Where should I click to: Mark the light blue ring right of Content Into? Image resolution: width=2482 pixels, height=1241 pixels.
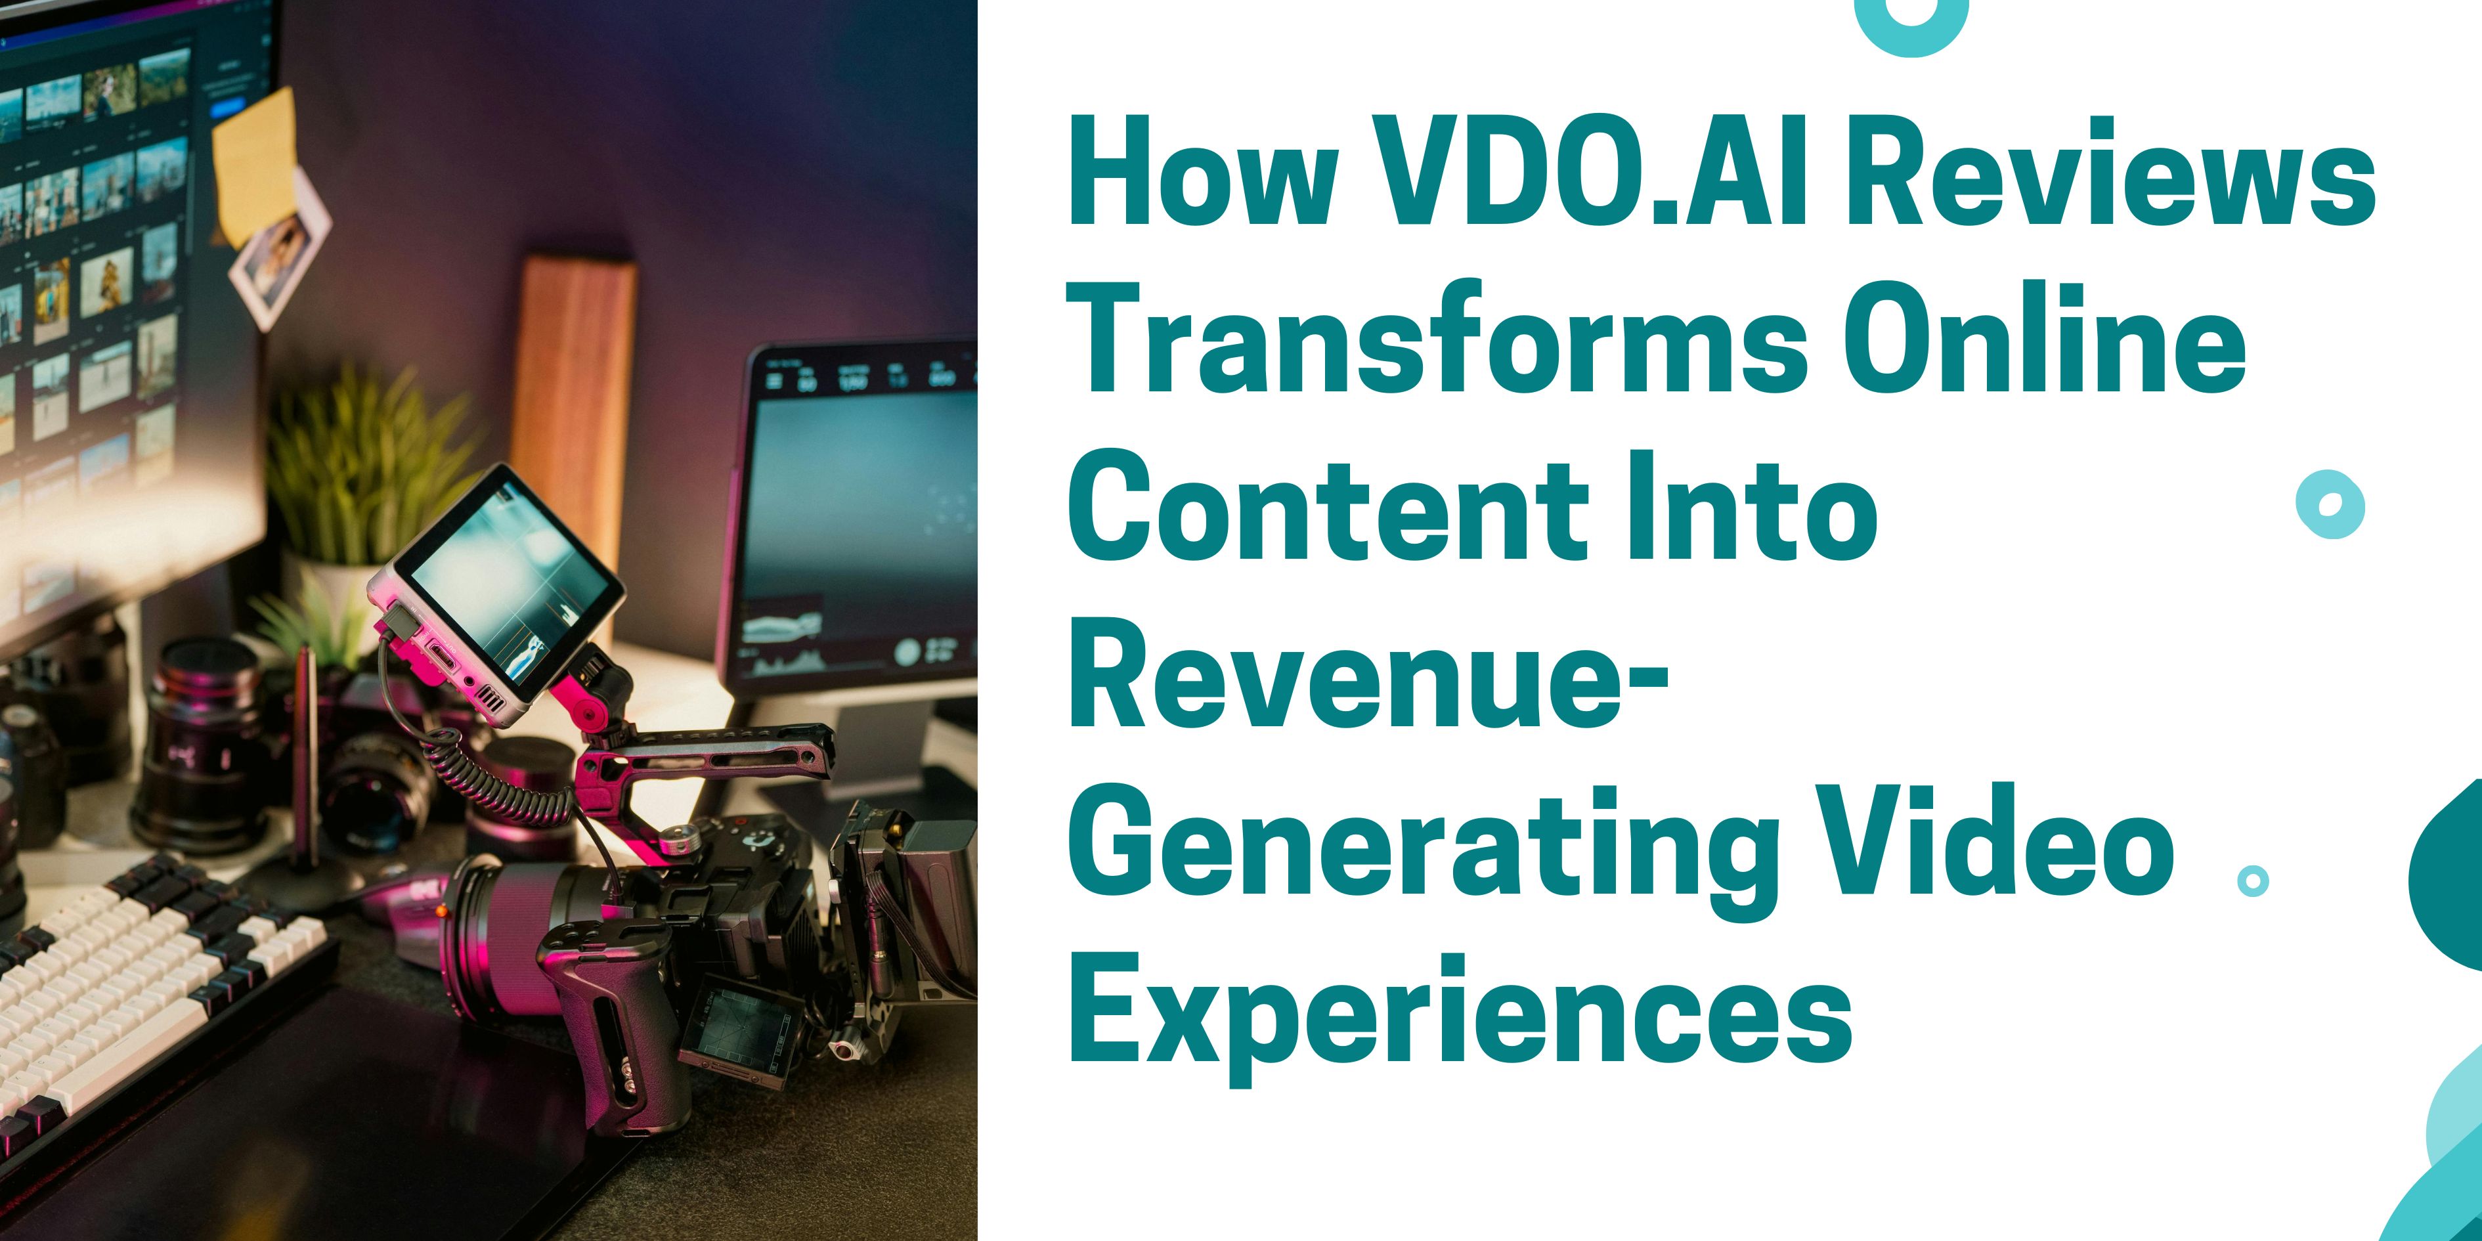[x=2330, y=505]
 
